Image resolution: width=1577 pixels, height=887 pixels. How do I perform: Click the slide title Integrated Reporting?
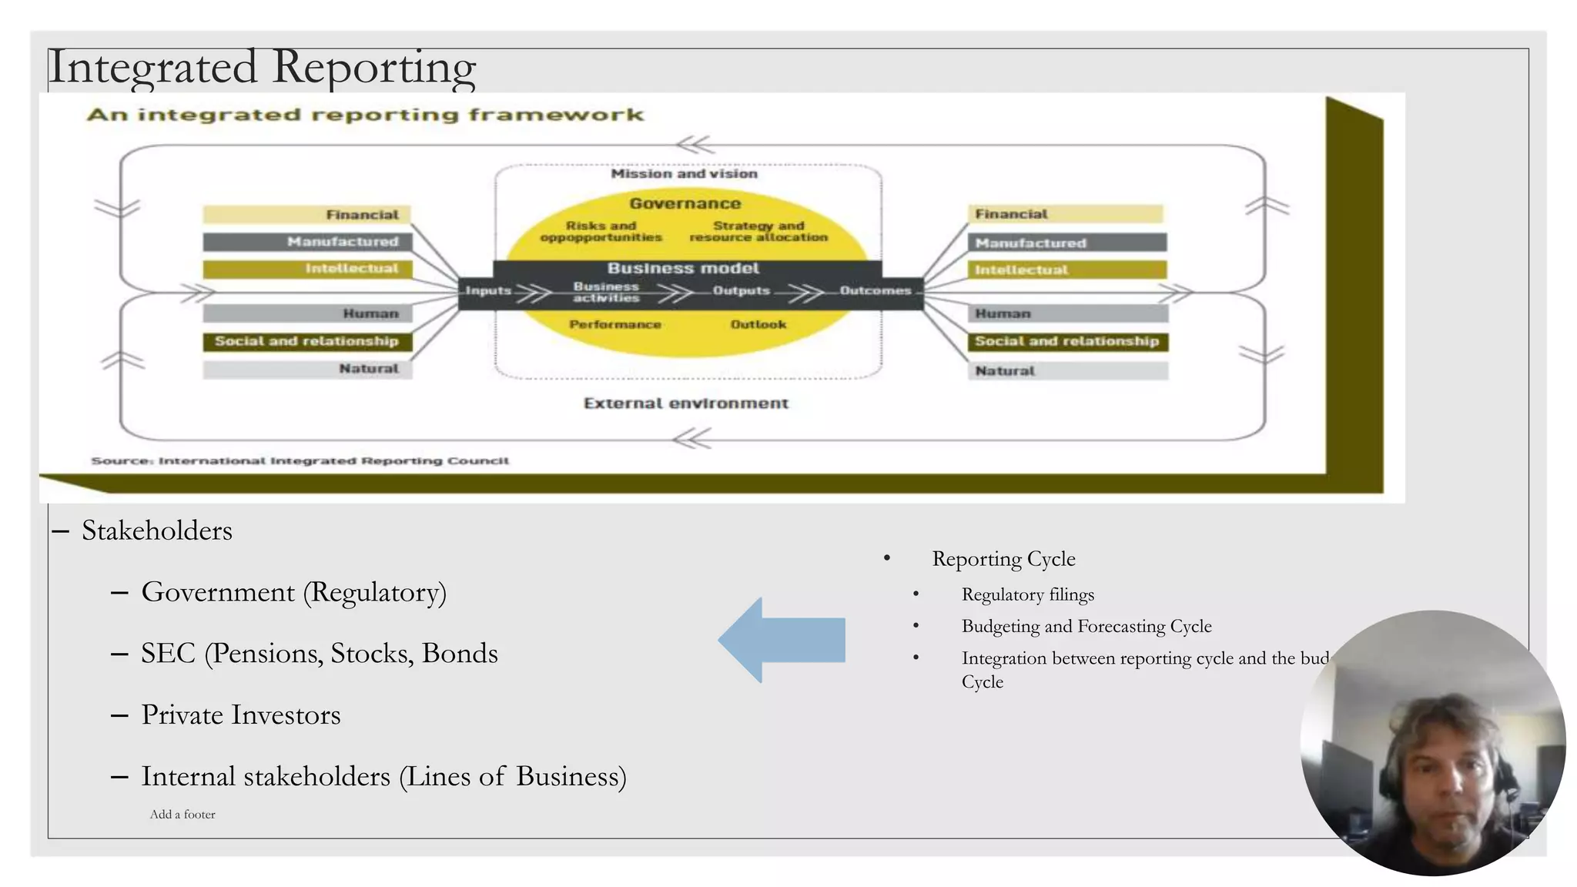click(262, 67)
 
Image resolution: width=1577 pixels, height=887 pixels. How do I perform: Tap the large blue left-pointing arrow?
click(782, 640)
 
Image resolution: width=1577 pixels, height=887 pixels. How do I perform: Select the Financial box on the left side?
click(306, 214)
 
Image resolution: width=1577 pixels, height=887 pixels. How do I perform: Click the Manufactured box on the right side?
click(1066, 243)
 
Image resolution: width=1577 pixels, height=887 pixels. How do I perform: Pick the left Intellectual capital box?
click(306, 269)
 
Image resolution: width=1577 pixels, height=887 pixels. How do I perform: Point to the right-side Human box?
click(1067, 313)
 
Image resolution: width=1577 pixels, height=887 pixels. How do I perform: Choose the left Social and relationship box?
click(306, 341)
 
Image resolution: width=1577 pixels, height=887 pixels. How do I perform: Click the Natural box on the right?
click(1067, 370)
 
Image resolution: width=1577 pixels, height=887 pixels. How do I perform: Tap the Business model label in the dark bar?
click(683, 268)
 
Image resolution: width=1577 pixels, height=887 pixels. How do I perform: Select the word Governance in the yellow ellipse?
click(685, 203)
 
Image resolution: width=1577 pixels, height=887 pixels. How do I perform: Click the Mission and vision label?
click(684, 174)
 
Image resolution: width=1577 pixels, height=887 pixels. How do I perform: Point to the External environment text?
click(685, 403)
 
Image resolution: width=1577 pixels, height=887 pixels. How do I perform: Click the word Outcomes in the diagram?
click(875, 290)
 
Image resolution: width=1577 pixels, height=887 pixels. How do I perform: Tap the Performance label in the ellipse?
click(614, 324)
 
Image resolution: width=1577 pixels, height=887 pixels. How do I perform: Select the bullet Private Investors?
click(240, 715)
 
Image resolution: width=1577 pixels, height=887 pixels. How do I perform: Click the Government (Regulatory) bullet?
click(293, 592)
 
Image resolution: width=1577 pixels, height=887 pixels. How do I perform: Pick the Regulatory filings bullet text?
click(1027, 594)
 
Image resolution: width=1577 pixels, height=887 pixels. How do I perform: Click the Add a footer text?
click(182, 815)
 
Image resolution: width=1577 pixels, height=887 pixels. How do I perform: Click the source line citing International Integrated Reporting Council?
click(300, 460)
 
